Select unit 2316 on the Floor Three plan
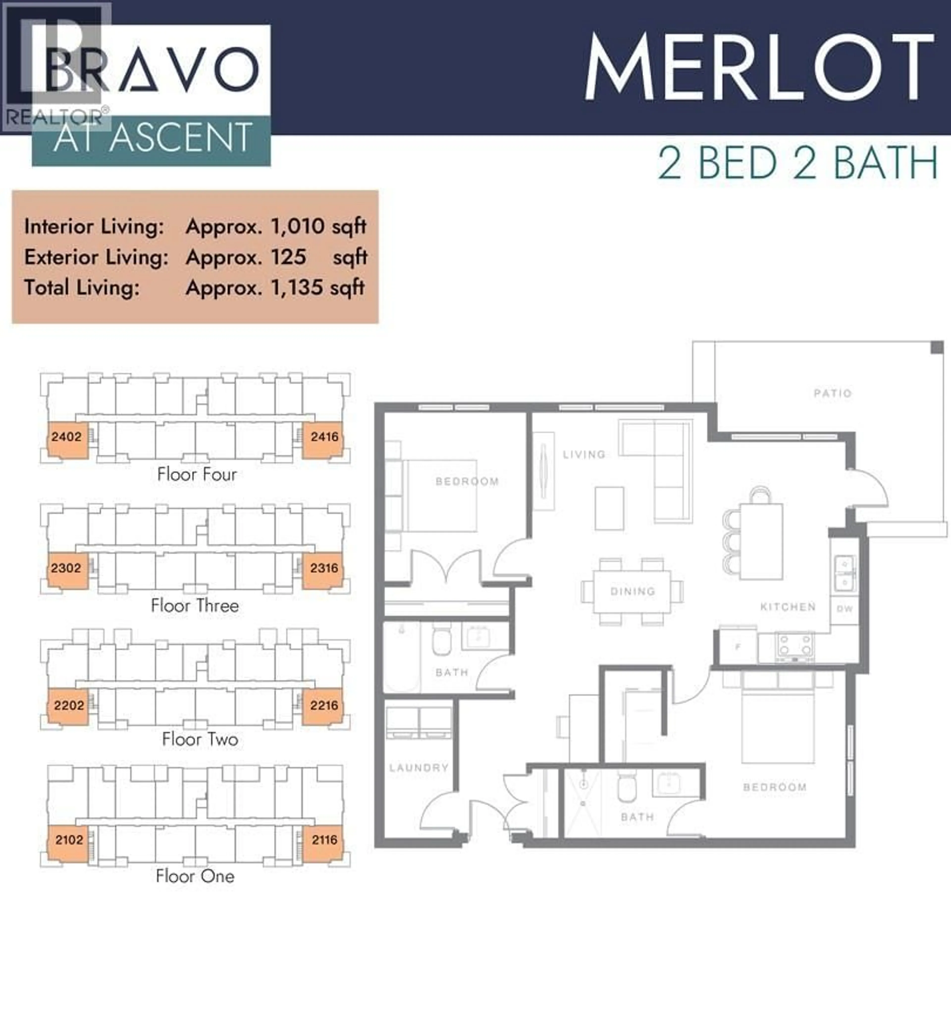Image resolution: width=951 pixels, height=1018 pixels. click(x=324, y=568)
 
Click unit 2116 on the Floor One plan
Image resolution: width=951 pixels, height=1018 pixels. click(x=324, y=840)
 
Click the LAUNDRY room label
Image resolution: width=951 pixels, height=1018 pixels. click(x=418, y=768)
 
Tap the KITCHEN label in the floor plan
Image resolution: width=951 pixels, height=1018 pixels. click(x=788, y=607)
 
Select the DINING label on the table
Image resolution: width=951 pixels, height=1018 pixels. click(x=633, y=591)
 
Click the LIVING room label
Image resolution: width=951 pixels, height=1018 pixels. click(x=584, y=454)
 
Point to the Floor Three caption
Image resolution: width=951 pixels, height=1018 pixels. click(x=195, y=606)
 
